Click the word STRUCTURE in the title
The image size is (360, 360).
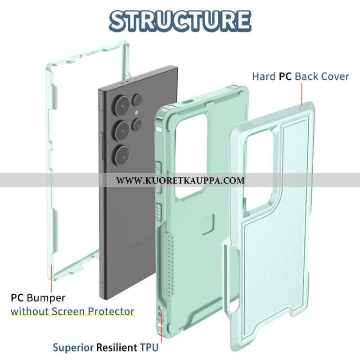(x=180, y=20)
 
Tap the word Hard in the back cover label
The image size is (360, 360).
(x=263, y=76)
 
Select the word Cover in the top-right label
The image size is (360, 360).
(x=334, y=76)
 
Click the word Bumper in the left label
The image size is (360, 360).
(x=46, y=298)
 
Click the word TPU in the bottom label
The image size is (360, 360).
(x=149, y=347)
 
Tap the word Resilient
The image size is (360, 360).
(x=116, y=347)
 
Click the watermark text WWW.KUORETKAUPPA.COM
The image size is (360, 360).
(x=180, y=180)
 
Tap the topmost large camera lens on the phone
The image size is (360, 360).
(x=122, y=107)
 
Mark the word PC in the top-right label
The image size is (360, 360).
(x=285, y=76)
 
